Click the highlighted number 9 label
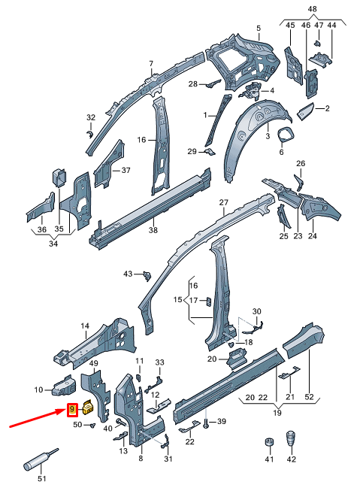pos(72,410)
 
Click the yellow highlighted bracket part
pos(87,408)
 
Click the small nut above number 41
pos(268,441)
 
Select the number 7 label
pos(150,63)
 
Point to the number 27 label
pos(222,203)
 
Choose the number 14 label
pos(85,326)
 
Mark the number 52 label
pos(309,397)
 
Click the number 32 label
pos(91,117)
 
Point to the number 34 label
pos(52,244)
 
